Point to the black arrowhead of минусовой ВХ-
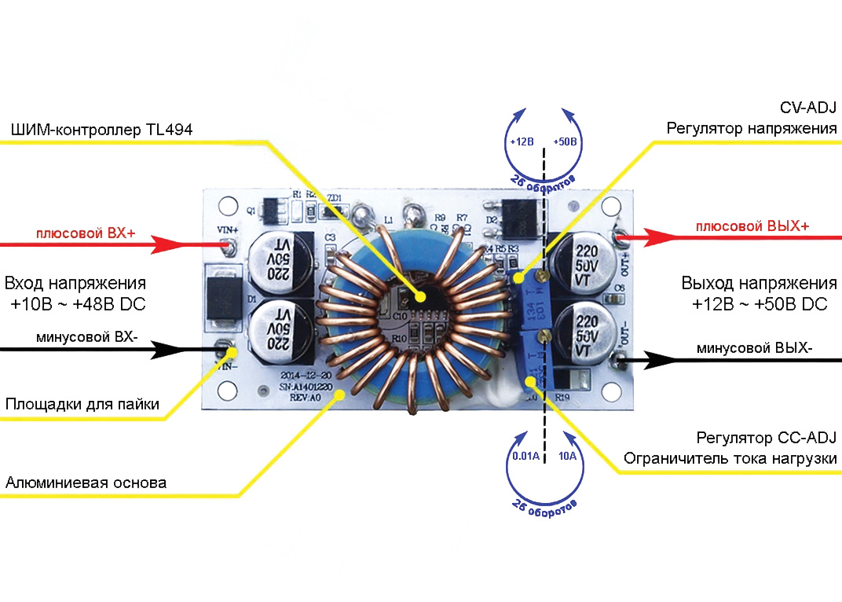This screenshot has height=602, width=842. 166,348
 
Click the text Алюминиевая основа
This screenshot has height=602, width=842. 86,483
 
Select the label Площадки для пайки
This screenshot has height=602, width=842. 82,405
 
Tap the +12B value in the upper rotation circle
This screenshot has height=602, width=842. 522,142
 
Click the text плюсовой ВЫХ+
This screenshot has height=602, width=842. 752,227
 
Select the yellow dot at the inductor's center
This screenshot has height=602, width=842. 421,297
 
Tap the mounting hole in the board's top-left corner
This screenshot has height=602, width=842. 226,206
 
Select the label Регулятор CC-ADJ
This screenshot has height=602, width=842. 767,438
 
